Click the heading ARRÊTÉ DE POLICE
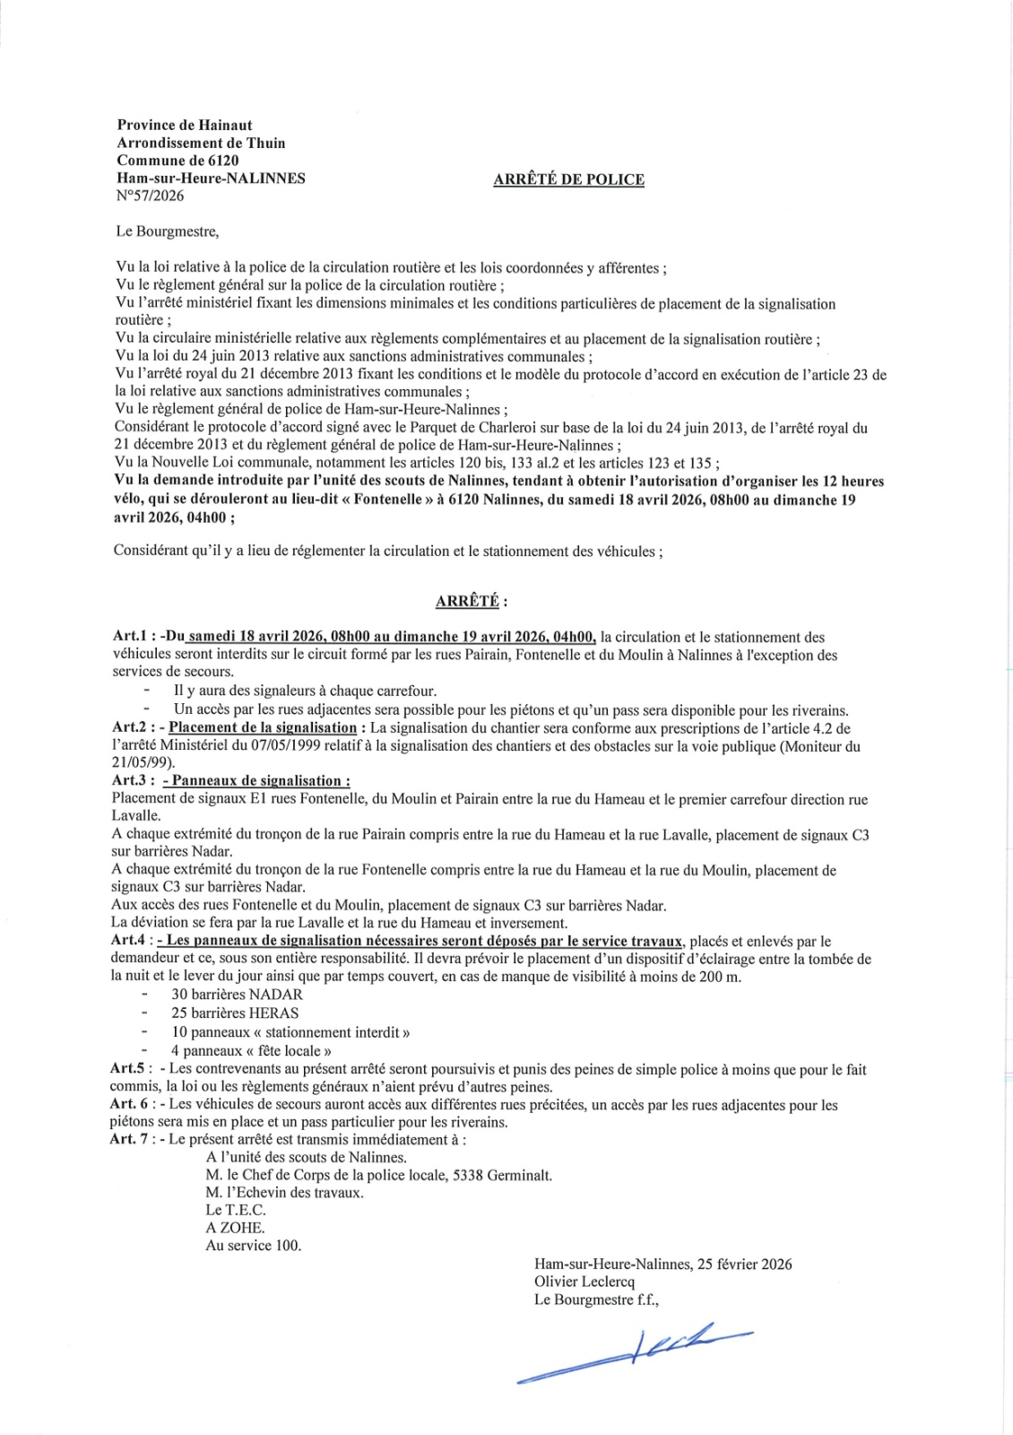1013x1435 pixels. tap(568, 179)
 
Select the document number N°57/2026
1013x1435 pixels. tap(151, 196)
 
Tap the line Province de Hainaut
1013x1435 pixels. tap(185, 125)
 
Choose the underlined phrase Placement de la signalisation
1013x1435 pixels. tap(263, 727)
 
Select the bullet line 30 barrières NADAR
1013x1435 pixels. tap(237, 995)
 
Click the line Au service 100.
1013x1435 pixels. tap(254, 1246)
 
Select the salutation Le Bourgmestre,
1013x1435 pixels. tap(168, 231)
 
